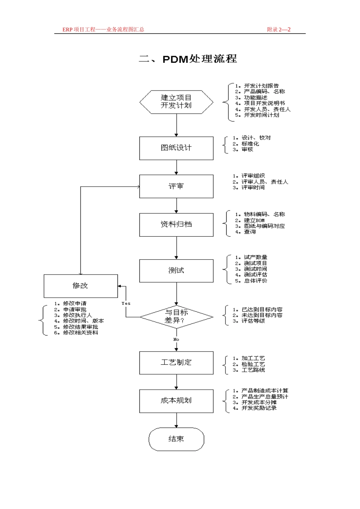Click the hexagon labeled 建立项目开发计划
[176, 102]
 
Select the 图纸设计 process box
[176, 148]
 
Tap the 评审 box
[176, 186]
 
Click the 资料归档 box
[176, 225]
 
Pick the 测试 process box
[176, 270]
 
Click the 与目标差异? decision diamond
[176, 317]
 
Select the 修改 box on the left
[81, 286]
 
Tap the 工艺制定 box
[176, 363]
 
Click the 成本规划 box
[176, 401]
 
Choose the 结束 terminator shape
[176, 439]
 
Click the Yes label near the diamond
[126, 303]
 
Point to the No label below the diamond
[176, 340]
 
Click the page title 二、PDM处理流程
[188, 59]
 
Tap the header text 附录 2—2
[279, 30]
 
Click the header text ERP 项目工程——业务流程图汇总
[103, 30]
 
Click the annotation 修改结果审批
[80, 327]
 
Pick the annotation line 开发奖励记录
[259, 408]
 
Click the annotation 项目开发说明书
[264, 103]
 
